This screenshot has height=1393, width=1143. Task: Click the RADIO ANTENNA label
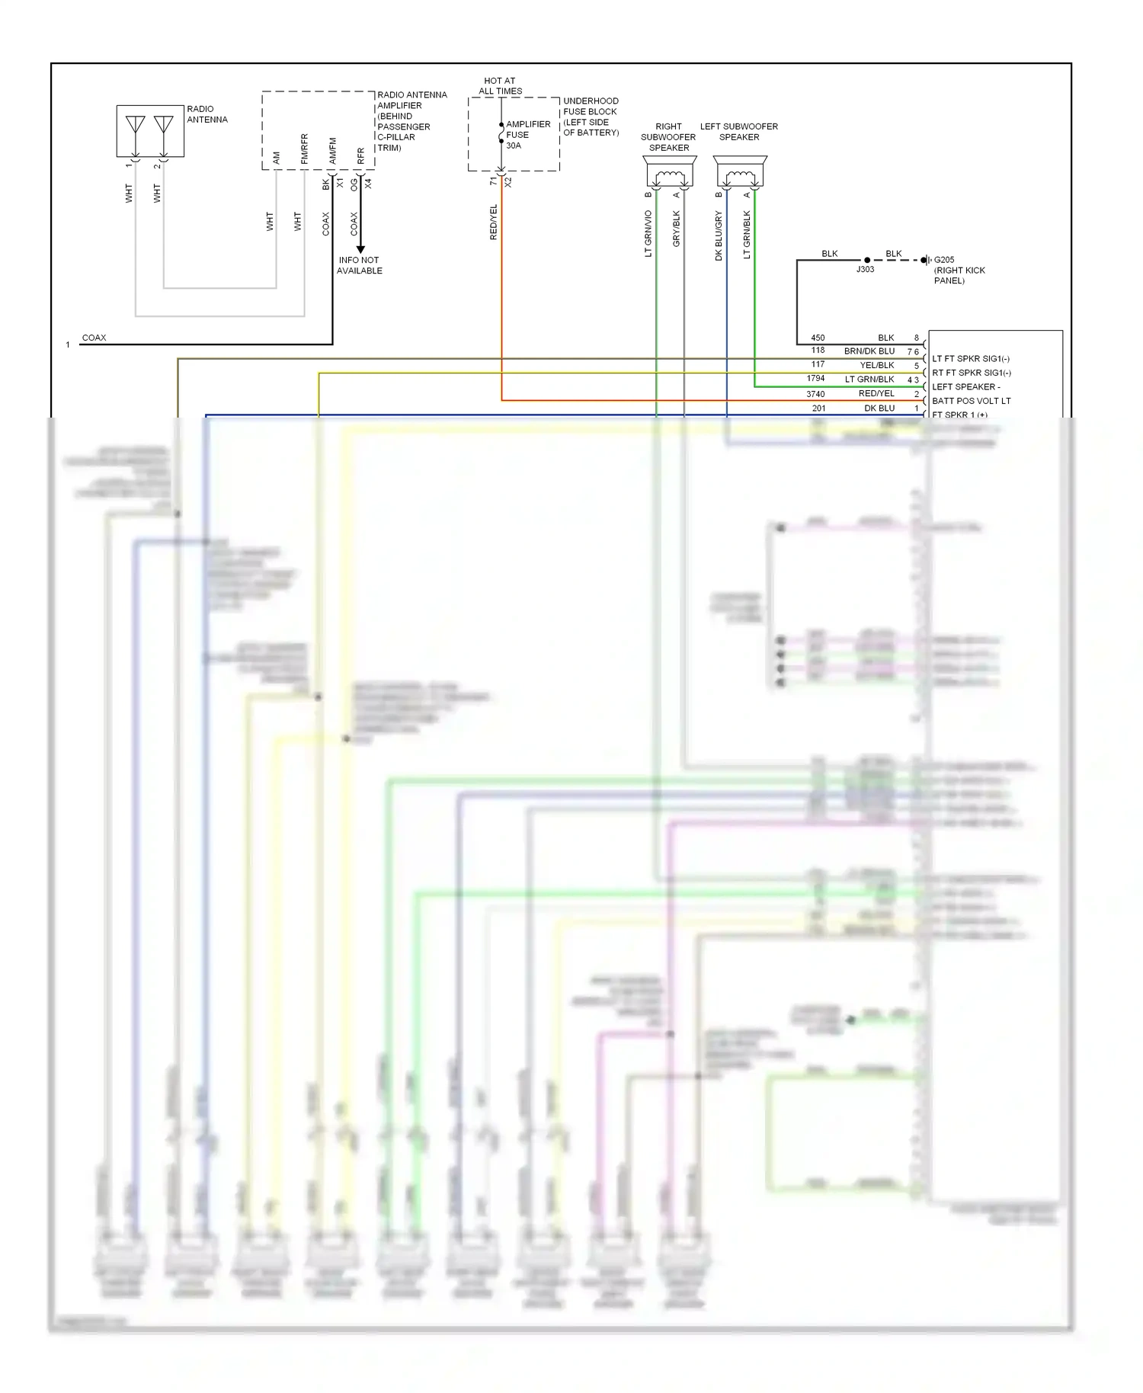pos(207,114)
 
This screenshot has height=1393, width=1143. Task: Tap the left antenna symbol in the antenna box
pos(136,126)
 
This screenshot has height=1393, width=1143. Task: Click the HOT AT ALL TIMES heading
pos(500,85)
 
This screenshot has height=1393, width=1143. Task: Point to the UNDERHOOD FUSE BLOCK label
pos(591,117)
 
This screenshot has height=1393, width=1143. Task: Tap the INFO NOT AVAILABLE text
pos(360,265)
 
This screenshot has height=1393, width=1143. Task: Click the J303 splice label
pos(865,270)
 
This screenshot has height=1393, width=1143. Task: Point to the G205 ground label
pos(944,260)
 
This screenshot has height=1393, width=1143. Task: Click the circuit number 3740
pos(815,394)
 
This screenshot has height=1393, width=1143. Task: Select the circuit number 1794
pos(815,379)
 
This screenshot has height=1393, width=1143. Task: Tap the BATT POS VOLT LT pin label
pos(971,401)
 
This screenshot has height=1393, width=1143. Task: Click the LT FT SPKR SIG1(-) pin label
pos(970,359)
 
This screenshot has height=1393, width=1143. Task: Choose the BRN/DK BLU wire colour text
pos(869,351)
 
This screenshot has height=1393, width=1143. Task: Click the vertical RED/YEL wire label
pos(493,223)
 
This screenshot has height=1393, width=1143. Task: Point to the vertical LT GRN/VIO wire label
pos(648,234)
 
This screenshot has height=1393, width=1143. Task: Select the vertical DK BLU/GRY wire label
pos(719,236)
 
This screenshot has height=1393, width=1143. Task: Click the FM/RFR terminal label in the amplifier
pos(304,149)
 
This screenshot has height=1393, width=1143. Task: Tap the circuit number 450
pos(818,338)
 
